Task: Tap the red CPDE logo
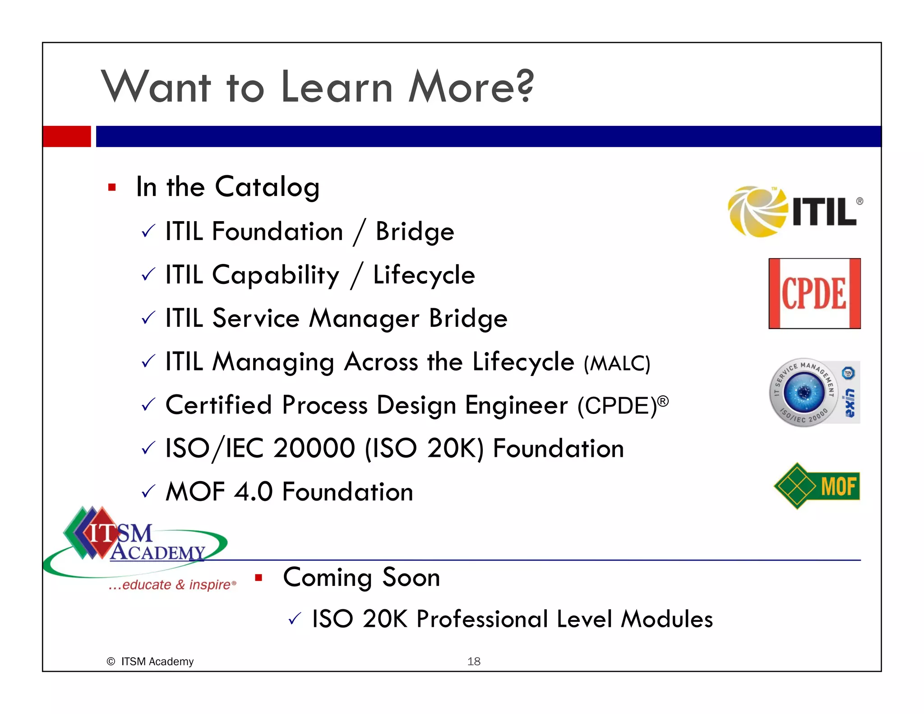[814, 293]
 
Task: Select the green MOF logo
[817, 486]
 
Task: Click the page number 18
[474, 661]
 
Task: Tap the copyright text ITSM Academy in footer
[157, 661]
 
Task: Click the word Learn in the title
[337, 87]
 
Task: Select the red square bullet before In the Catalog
[112, 187]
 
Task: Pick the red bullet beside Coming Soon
[259, 577]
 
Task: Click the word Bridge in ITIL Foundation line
[415, 232]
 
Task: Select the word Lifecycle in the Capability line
[424, 275]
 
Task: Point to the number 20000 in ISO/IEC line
[314, 449]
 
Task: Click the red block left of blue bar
[67, 136]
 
